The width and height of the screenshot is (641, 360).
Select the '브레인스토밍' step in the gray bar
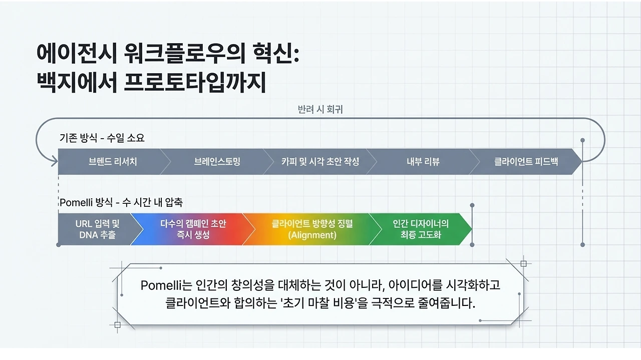tap(217, 162)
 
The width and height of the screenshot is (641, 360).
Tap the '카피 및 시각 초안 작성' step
tap(320, 162)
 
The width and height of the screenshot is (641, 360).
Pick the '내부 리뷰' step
tap(423, 162)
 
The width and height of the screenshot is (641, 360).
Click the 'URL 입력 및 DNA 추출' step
tap(98, 229)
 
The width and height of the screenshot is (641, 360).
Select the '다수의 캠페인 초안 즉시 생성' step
tap(193, 229)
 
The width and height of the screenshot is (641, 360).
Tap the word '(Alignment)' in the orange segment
tap(312, 235)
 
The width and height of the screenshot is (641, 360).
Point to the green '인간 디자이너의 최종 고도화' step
tap(421, 229)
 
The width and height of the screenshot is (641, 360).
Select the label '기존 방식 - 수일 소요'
tap(102, 138)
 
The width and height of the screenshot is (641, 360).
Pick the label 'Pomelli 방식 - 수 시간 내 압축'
tap(121, 203)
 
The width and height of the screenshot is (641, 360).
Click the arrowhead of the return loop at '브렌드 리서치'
tap(54, 161)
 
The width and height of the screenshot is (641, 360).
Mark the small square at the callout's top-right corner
tap(523, 263)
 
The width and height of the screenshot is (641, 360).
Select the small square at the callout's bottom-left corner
tap(117, 324)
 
